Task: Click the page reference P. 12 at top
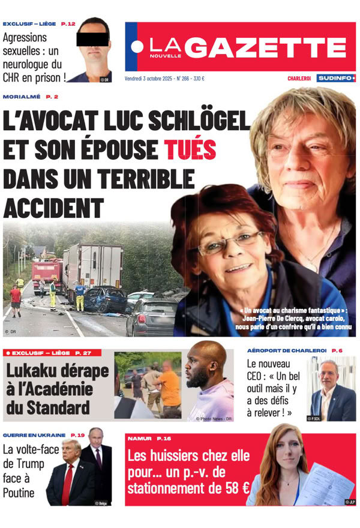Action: coord(68,24)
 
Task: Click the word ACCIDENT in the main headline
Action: coord(53,208)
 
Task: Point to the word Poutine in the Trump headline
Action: coord(19,493)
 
